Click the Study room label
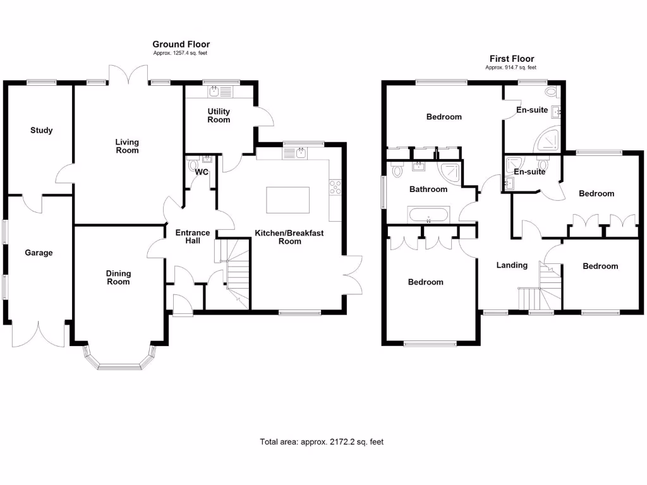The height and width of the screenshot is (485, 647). [42, 131]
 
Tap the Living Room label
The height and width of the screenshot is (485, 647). [127, 147]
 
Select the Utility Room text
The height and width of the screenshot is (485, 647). [219, 116]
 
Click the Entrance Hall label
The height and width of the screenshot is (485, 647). [193, 237]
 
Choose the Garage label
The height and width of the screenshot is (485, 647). [39, 253]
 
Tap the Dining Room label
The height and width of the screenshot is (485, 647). [118, 278]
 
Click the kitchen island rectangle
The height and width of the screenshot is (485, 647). [288, 201]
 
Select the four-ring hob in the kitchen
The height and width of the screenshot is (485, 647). [335, 188]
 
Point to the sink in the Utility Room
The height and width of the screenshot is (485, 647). [214, 92]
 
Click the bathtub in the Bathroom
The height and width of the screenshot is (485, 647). [430, 215]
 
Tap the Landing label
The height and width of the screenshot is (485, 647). [512, 265]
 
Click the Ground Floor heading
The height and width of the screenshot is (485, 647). [181, 44]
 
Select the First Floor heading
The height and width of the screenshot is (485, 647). [511, 58]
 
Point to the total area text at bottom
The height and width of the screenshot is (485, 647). [322, 442]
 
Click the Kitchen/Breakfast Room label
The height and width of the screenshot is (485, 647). [289, 237]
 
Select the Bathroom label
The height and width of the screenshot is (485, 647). [428, 189]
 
